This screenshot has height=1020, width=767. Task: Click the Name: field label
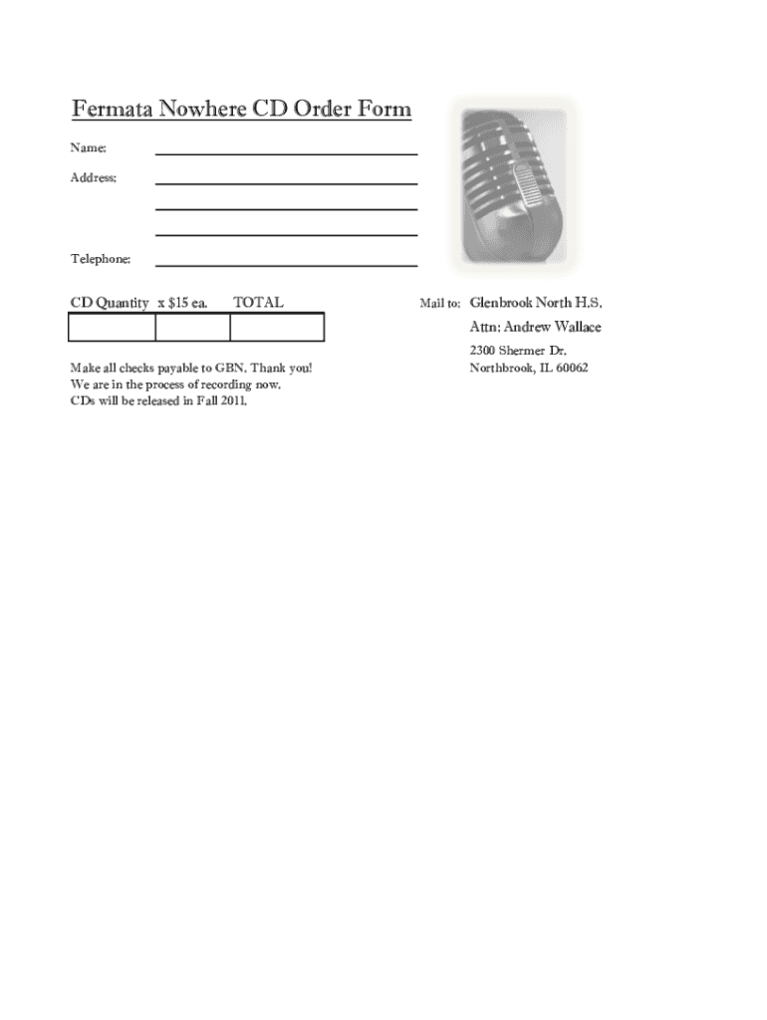(88, 148)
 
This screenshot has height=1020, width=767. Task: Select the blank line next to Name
(286, 150)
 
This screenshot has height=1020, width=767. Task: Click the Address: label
(93, 178)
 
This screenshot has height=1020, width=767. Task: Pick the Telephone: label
(100, 259)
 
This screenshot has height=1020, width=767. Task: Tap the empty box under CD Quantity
(112, 328)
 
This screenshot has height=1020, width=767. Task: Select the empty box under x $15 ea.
(192, 328)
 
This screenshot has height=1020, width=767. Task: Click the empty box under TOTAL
(277, 328)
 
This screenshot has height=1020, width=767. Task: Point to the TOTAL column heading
(258, 302)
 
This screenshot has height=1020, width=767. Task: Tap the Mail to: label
(439, 303)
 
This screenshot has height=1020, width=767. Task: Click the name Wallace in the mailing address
(578, 327)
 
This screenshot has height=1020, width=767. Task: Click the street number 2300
(482, 351)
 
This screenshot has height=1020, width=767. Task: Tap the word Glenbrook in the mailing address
(501, 302)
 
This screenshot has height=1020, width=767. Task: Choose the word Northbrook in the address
(501, 368)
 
